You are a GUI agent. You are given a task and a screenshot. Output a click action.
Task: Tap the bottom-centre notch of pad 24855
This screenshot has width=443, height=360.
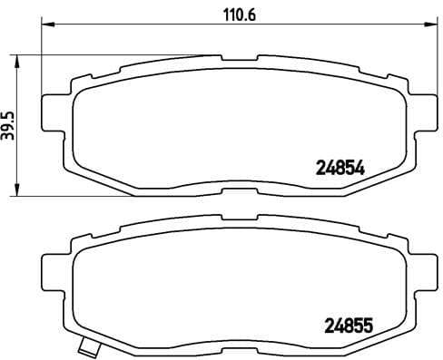[240, 345]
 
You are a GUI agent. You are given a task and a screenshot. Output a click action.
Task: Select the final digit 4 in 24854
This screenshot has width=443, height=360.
[359, 167]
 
